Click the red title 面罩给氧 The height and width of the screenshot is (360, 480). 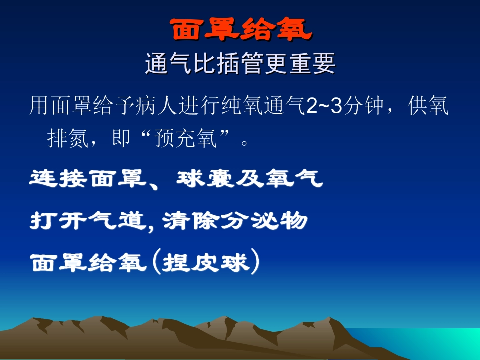tap(241, 31)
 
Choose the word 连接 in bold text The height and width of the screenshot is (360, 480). tap(59, 179)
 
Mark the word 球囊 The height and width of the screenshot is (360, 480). tap(206, 179)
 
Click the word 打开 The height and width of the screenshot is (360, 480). tap(59, 221)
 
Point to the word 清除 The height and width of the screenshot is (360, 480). tap(192, 221)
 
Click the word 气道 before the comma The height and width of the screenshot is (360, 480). tap(118, 221)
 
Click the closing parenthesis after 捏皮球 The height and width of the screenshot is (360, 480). tap(256, 263)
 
